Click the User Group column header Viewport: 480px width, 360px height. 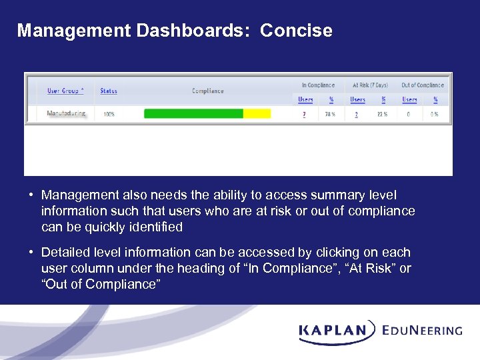pos(65,91)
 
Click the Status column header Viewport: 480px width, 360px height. pos(109,91)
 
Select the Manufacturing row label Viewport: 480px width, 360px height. pos(66,113)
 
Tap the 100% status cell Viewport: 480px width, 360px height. pos(109,114)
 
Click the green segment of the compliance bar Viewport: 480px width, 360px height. pos(193,114)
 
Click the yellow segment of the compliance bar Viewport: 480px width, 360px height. pos(257,114)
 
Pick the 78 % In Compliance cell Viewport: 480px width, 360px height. pos(329,114)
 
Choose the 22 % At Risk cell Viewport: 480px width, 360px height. pos(383,114)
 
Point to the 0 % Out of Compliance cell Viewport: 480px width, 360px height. pos(435,114)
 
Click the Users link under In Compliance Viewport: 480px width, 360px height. pos(305,100)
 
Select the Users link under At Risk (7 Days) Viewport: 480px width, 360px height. pos(358,100)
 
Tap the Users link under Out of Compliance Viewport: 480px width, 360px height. pos(409,100)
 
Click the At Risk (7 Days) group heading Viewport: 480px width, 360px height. pos(370,85)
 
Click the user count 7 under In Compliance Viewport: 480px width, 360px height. pos(305,114)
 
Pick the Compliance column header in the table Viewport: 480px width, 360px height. pos(208,91)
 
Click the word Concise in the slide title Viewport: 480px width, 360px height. pos(296,31)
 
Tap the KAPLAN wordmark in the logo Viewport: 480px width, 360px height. pos(333,330)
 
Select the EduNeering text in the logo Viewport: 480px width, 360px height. pos(423,330)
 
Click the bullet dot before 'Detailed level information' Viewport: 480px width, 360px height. pos(31,253)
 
